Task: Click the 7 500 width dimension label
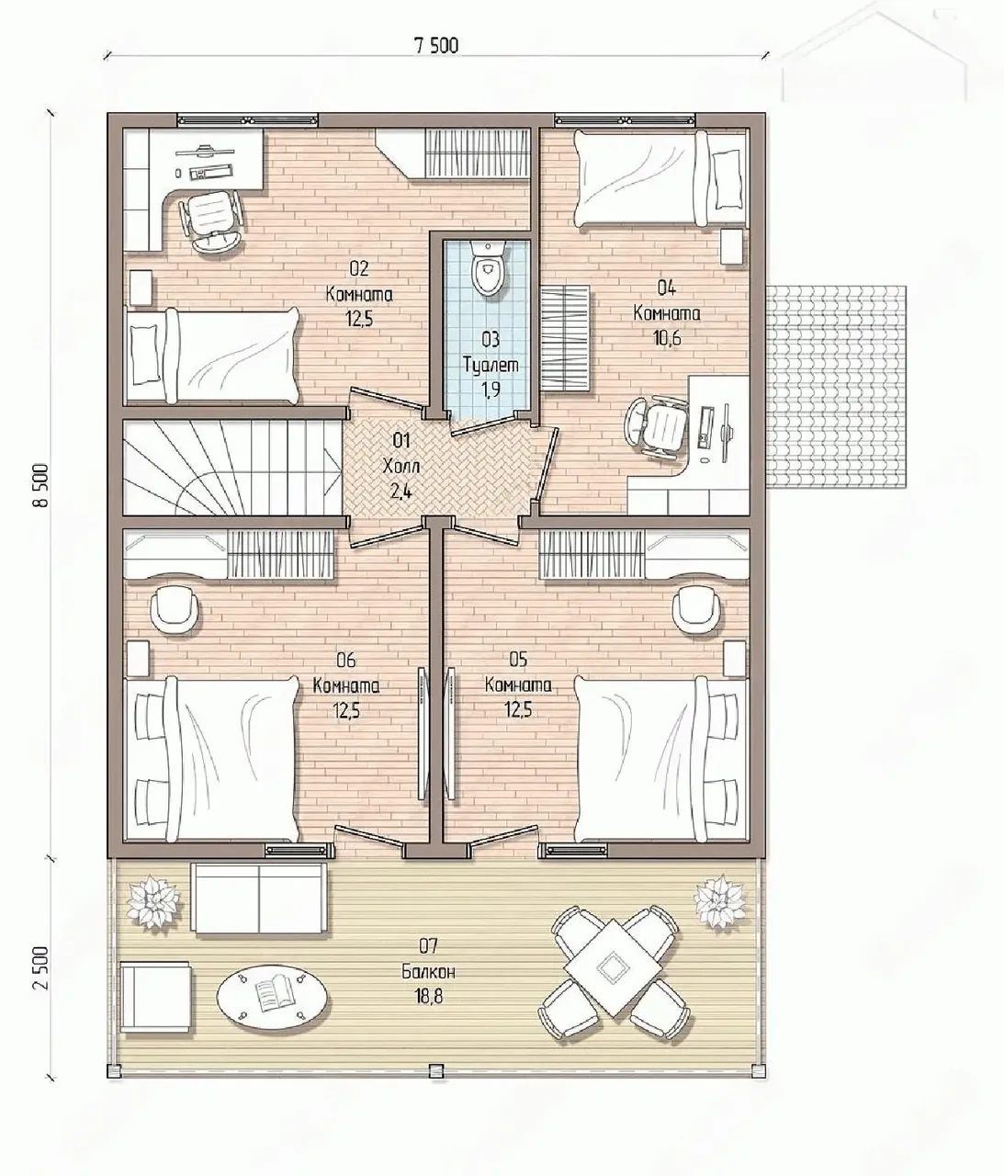[x=436, y=46]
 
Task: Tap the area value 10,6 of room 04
[x=667, y=338]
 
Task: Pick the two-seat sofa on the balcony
[x=259, y=899]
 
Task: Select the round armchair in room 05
[x=698, y=609]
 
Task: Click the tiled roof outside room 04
[x=836, y=386]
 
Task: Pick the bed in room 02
[x=211, y=356]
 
